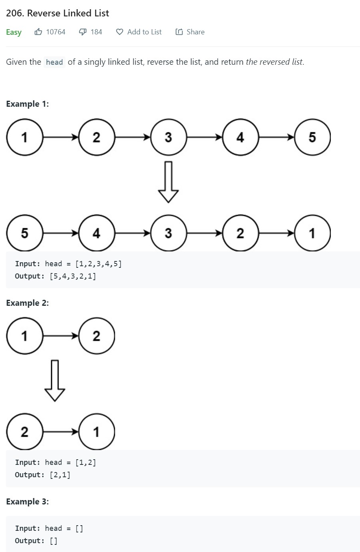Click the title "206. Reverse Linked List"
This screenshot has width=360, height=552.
[58, 13]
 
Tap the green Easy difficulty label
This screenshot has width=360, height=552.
[14, 32]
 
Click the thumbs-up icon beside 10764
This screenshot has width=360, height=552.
[38, 32]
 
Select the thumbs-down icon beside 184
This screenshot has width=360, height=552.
[83, 32]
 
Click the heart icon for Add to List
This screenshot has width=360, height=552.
[119, 32]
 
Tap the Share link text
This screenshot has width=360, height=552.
[195, 32]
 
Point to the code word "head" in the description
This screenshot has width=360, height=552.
[54, 62]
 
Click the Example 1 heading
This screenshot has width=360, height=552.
[28, 104]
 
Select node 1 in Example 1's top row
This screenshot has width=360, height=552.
[25, 137]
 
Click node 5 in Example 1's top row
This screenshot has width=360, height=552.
[312, 137]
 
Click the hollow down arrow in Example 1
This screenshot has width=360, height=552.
[168, 182]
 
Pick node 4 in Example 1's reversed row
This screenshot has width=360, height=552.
[96, 233]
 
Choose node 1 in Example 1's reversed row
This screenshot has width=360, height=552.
[312, 233]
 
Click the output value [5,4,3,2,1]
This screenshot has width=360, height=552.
[73, 276]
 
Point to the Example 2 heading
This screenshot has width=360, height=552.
[28, 303]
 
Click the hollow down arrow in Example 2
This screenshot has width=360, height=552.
[55, 381]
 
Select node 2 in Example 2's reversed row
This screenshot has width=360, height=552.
[25, 432]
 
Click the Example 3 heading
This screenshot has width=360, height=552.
[28, 502]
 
